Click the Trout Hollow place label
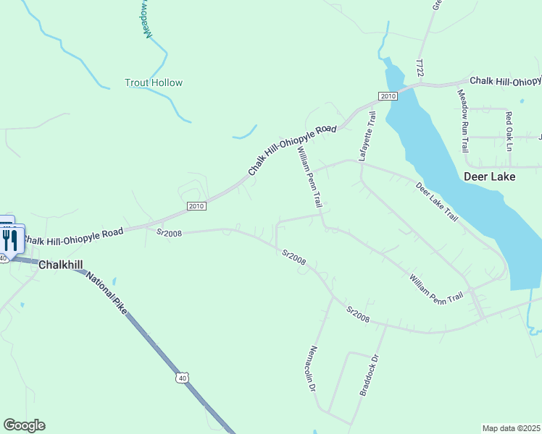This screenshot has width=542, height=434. [x=154, y=82]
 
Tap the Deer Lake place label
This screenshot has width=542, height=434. [x=489, y=176]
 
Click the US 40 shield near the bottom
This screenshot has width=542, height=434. [x=182, y=378]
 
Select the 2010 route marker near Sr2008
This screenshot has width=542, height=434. [x=196, y=206]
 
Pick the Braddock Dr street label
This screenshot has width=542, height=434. [x=370, y=375]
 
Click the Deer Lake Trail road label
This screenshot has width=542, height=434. [x=437, y=201]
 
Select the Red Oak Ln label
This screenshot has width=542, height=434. [x=509, y=131]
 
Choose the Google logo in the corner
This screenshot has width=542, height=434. [x=24, y=425]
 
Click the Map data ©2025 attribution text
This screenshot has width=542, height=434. [x=512, y=428]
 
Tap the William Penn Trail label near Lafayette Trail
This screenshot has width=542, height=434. [x=309, y=177]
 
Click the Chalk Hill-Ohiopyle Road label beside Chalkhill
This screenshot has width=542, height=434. [x=72, y=237]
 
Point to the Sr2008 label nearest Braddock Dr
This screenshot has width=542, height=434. [x=358, y=315]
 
